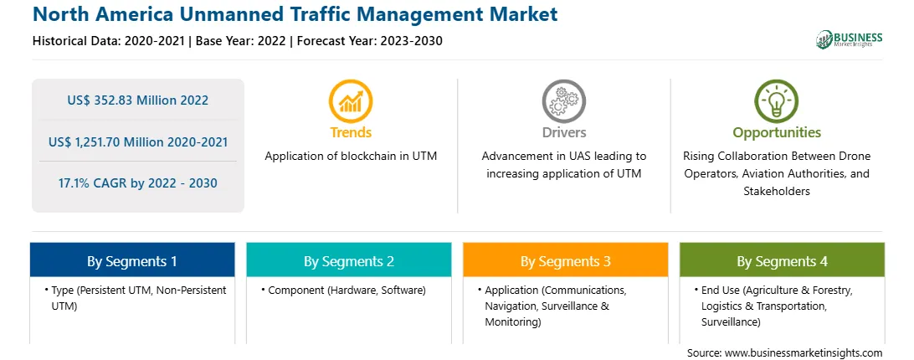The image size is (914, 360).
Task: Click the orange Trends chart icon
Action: [x=351, y=100]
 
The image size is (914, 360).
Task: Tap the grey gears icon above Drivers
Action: [x=563, y=100]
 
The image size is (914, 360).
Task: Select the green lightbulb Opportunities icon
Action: [x=777, y=100]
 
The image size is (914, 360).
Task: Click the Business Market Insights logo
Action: [x=849, y=39]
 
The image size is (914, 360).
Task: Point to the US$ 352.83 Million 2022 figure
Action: [x=137, y=100]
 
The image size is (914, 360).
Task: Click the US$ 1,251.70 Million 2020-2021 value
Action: [x=137, y=141]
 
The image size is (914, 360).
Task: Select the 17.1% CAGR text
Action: [x=137, y=183]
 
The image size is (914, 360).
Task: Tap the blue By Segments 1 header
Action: [x=132, y=260]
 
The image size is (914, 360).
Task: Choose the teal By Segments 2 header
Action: [x=348, y=260]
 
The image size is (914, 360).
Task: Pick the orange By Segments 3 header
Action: [x=566, y=260]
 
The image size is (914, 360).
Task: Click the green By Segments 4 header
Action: [x=783, y=260]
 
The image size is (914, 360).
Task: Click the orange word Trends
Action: [x=351, y=132]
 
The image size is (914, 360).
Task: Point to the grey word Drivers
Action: [x=564, y=132]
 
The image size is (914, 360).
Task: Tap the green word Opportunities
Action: [x=777, y=132]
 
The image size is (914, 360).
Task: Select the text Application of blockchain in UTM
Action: [x=351, y=157]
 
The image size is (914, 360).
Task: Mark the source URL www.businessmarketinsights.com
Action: [x=804, y=353]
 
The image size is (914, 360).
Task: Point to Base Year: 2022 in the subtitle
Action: [x=241, y=41]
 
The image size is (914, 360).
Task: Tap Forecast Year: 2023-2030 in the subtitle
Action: [x=370, y=41]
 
